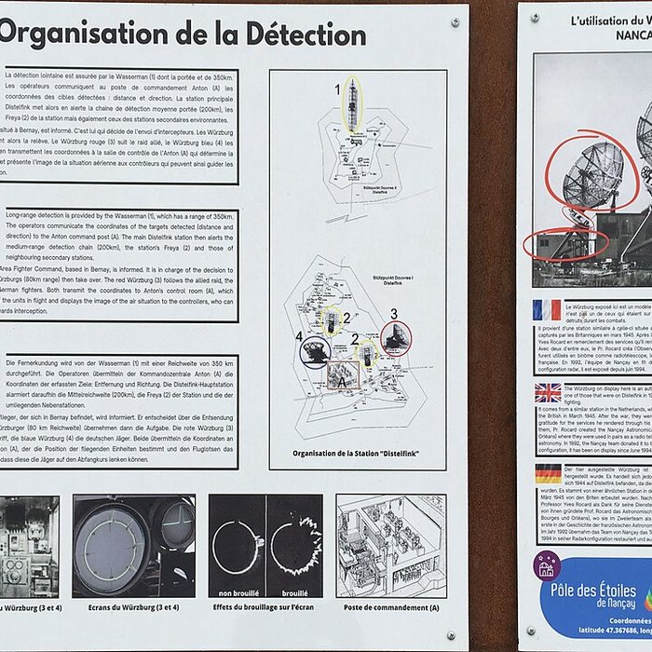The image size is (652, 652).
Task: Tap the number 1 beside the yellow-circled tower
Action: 338,89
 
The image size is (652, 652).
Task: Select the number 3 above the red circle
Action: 394,314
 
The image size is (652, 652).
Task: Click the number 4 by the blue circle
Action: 299,336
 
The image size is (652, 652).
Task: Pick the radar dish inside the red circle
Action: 396,338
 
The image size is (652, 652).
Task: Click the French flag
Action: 547,309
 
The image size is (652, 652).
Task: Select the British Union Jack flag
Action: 548,392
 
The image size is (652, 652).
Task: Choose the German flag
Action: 548,473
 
